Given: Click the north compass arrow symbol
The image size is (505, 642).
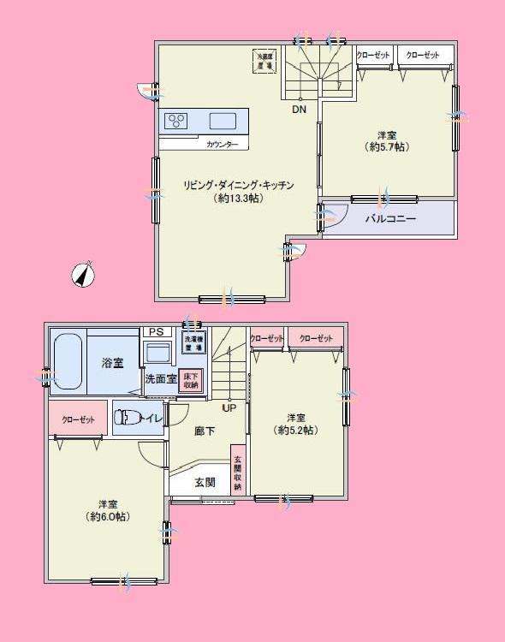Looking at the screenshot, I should (83, 274).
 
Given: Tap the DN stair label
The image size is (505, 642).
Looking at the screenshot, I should (299, 110).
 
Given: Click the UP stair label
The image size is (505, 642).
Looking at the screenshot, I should (229, 407).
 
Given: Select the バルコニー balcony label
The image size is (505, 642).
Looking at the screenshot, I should (390, 219).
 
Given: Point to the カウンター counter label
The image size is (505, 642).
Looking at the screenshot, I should (223, 145).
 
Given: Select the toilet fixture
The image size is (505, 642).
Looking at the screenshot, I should (129, 418).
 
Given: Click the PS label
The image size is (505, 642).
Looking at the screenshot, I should (155, 332).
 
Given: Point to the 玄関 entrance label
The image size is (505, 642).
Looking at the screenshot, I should (205, 483).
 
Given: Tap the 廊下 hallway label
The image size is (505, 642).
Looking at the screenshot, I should (205, 431).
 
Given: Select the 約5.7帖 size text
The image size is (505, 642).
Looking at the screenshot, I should (387, 147).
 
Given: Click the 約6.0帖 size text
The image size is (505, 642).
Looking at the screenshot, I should (108, 516).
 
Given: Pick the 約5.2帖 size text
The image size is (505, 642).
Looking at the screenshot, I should (296, 430).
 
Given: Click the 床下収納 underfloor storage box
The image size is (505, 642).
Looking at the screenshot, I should (189, 381).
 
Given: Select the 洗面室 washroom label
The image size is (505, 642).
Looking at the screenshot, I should (160, 379).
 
